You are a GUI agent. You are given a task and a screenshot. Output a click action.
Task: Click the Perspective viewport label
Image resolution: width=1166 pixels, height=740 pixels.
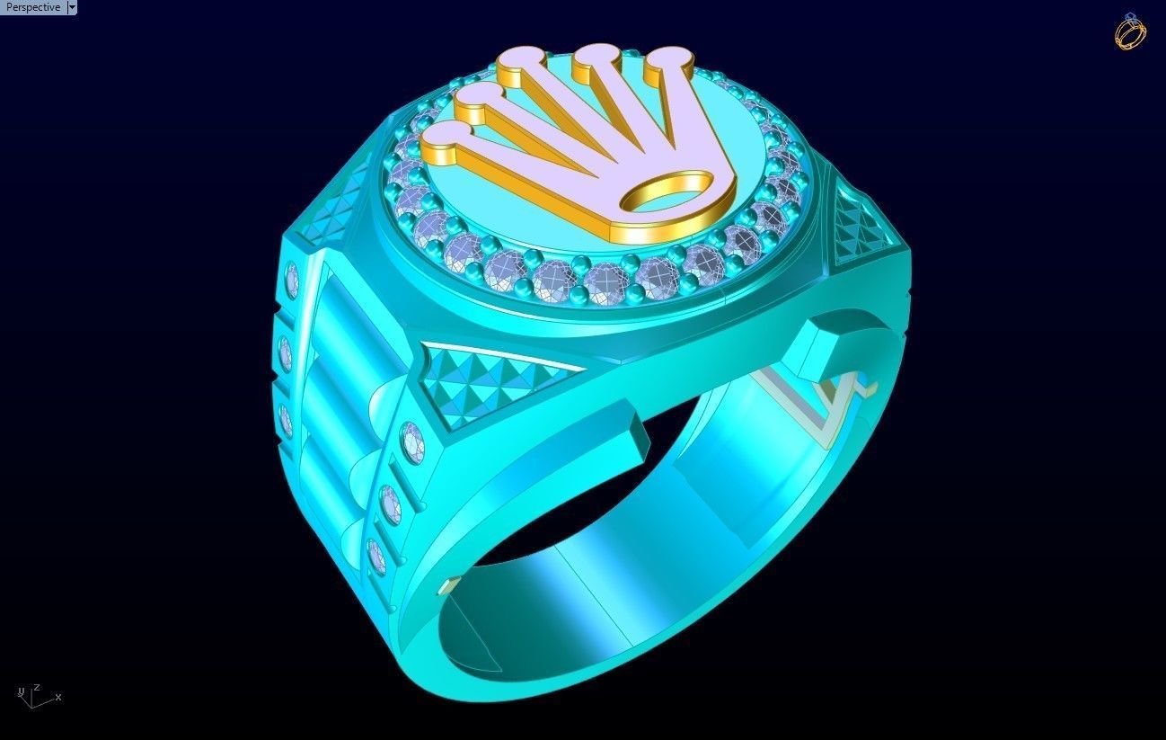pyautogui.click(x=33, y=7)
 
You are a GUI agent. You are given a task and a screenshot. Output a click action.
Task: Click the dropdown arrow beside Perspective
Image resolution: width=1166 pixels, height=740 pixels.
pyautogui.click(x=72, y=7)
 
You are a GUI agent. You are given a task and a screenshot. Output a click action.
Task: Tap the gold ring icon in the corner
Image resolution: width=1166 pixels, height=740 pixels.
pyautogui.click(x=1129, y=31)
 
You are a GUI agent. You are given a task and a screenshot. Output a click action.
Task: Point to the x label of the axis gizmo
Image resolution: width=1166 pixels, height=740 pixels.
pyautogui.click(x=58, y=697)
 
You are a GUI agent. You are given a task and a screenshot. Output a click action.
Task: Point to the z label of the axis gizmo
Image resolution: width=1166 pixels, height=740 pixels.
pyautogui.click(x=36, y=687)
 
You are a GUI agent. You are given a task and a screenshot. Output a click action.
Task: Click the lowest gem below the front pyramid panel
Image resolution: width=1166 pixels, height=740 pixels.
pyautogui.click(x=377, y=555)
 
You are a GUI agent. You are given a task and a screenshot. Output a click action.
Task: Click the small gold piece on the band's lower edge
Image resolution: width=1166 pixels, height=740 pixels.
pyautogui.click(x=446, y=588)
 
